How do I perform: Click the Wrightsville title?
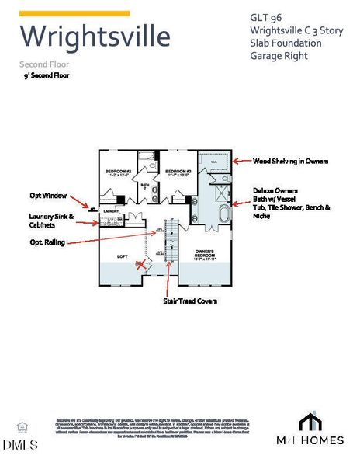94,36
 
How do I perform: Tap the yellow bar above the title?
74,13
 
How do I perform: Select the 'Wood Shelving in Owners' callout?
291,161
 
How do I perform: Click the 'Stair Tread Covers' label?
189,300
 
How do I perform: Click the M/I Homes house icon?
310,422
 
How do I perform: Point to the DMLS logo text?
20,444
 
